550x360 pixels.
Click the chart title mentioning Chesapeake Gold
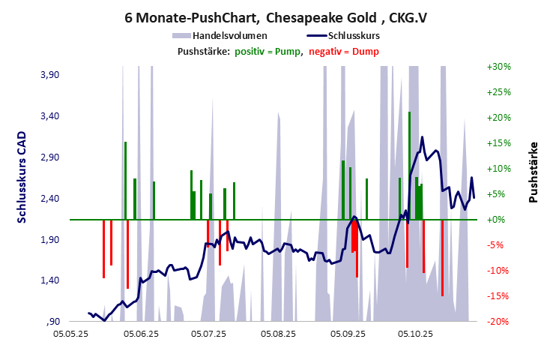coord(275,16)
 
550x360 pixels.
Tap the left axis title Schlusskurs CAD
coord(22,175)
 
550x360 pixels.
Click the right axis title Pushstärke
coord(534,172)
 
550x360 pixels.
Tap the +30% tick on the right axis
coord(498,67)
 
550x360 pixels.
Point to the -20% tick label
coord(498,322)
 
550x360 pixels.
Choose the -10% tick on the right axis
coord(498,271)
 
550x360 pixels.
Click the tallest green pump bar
coord(409,165)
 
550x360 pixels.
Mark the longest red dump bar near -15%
coord(442,258)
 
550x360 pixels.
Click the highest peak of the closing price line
coord(423,137)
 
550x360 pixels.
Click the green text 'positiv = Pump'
coord(268,51)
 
